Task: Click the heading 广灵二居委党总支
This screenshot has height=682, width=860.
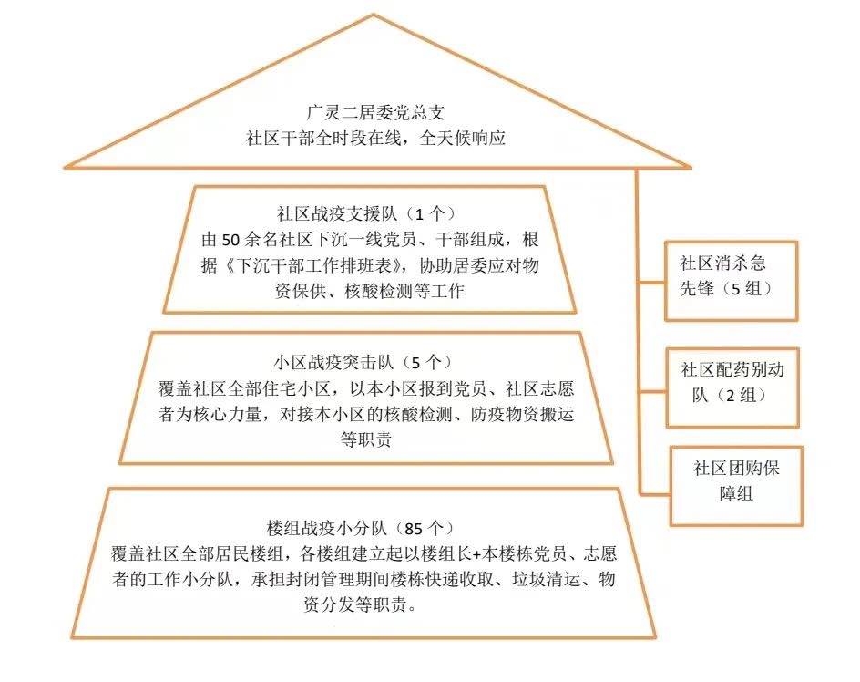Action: coord(375,112)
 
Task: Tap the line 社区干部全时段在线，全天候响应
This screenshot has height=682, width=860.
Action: coord(375,138)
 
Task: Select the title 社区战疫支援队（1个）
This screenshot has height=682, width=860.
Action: coord(366,213)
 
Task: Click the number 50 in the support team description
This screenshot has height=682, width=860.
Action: coord(230,240)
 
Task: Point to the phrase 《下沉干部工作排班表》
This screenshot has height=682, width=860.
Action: coord(313,265)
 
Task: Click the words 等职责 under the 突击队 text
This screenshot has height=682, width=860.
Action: coord(366,439)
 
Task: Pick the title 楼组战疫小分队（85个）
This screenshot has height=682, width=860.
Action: coord(361,528)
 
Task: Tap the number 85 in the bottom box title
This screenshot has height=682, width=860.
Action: coord(415,529)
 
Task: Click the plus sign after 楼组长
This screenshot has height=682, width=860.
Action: coord(476,554)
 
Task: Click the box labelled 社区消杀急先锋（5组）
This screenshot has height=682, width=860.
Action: coord(731,281)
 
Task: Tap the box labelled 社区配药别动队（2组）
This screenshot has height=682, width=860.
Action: coord(732,387)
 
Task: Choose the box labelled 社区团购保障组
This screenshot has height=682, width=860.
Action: coord(736,486)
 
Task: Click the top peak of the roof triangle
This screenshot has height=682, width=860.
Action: coord(374,15)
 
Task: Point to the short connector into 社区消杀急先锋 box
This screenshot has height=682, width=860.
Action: coord(651,284)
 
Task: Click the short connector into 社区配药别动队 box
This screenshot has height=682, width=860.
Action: coord(652,392)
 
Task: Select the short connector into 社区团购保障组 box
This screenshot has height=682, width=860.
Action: coord(655,494)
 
